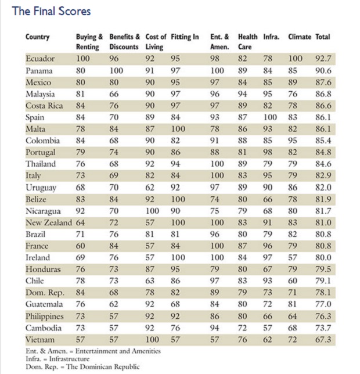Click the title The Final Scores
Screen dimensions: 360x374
tap(51, 11)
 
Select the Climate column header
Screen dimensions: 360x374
tap(300, 37)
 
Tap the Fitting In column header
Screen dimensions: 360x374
tap(185, 37)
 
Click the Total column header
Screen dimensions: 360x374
tap(323, 37)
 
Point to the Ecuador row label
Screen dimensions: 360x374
tap(40, 59)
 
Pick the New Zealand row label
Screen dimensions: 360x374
tap(49, 222)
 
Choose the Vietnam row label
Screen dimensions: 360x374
tap(40, 339)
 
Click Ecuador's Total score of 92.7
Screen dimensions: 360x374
tap(323, 59)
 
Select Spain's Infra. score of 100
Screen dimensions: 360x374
tap(270, 117)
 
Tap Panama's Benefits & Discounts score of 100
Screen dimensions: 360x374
tap(116, 71)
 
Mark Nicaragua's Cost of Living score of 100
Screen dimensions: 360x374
tap(152, 211)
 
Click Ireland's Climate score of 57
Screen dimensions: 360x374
tap(293, 258)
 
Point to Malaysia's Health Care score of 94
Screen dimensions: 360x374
tap(242, 94)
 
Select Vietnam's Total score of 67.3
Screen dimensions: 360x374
tap(323, 339)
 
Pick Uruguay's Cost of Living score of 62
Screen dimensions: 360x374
tap(150, 188)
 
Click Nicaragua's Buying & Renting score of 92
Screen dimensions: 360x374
tap(80, 211)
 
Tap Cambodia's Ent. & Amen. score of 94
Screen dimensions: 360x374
tap(215, 328)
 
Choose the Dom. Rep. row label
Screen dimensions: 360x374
tap(45, 293)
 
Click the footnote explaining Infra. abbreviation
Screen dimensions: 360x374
tap(57, 359)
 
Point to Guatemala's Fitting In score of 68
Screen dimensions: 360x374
tap(175, 304)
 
